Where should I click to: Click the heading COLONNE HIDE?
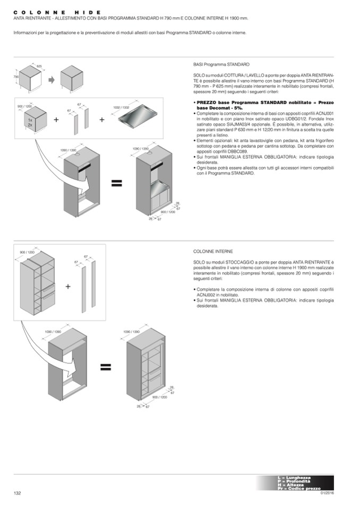coord(56,12)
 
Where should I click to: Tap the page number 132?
coord(17,493)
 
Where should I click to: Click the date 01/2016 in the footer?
coord(327,493)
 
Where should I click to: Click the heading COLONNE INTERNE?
coord(213,251)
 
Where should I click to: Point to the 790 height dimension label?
coord(16,77)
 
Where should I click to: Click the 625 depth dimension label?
coord(39,66)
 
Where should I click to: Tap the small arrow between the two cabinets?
coord(52,80)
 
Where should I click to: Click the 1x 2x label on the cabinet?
coord(31,123)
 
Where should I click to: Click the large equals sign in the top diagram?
coord(116,183)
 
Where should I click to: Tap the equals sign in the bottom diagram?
coord(105,367)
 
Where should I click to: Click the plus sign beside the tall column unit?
coord(68,287)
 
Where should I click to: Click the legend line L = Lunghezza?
coord(295,478)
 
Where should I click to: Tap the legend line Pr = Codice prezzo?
coord(299,488)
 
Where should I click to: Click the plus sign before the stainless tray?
coord(102,119)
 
